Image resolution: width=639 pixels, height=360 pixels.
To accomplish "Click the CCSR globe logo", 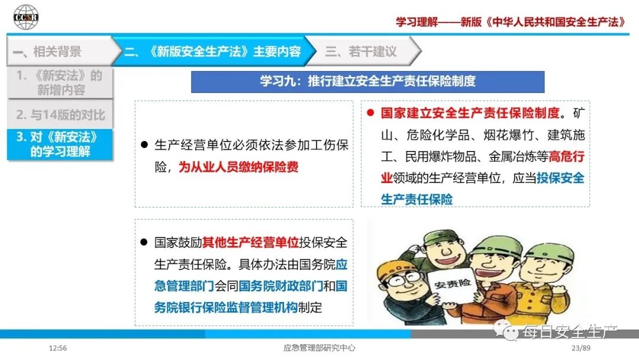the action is (x=25, y=17).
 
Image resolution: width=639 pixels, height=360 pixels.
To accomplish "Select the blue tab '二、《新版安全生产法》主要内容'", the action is (x=213, y=52).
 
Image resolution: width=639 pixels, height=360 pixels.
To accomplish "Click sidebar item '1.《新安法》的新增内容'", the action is (x=60, y=83).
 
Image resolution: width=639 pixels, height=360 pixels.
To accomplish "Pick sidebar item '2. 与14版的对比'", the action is (x=60, y=114).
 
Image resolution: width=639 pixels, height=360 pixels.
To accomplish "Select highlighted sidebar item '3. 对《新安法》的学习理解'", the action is (x=60, y=144).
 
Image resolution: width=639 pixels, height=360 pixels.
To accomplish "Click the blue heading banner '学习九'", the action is (x=367, y=82).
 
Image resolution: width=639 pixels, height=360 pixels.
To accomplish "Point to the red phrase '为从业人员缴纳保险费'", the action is (x=238, y=167).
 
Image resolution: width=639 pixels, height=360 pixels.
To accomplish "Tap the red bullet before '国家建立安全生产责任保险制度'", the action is (x=370, y=113).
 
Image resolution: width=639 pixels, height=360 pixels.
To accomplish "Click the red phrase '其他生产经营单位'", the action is (x=251, y=243).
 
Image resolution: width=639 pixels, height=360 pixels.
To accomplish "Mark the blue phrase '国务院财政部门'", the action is (x=281, y=286).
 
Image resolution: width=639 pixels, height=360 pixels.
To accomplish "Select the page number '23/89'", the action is (x=581, y=348).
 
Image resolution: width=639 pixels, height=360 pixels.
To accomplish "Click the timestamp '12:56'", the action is (x=58, y=348).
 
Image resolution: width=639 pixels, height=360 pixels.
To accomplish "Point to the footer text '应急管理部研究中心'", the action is (x=319, y=348).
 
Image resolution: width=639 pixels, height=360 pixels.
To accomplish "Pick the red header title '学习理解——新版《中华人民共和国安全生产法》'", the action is (x=510, y=21).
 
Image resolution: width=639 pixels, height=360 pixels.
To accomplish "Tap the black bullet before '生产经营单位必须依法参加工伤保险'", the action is (x=144, y=144).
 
